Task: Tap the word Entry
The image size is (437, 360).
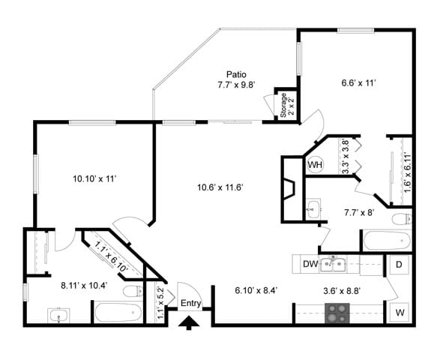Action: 191,303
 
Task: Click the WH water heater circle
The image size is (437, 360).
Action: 315,165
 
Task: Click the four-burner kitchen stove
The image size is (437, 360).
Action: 337,313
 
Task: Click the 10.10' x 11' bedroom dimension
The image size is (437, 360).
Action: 94,178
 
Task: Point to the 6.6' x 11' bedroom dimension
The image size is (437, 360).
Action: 358,83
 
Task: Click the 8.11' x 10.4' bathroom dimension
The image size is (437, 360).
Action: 83,285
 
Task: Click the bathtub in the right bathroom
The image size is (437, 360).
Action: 386,241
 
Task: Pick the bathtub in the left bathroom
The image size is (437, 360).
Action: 117,311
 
